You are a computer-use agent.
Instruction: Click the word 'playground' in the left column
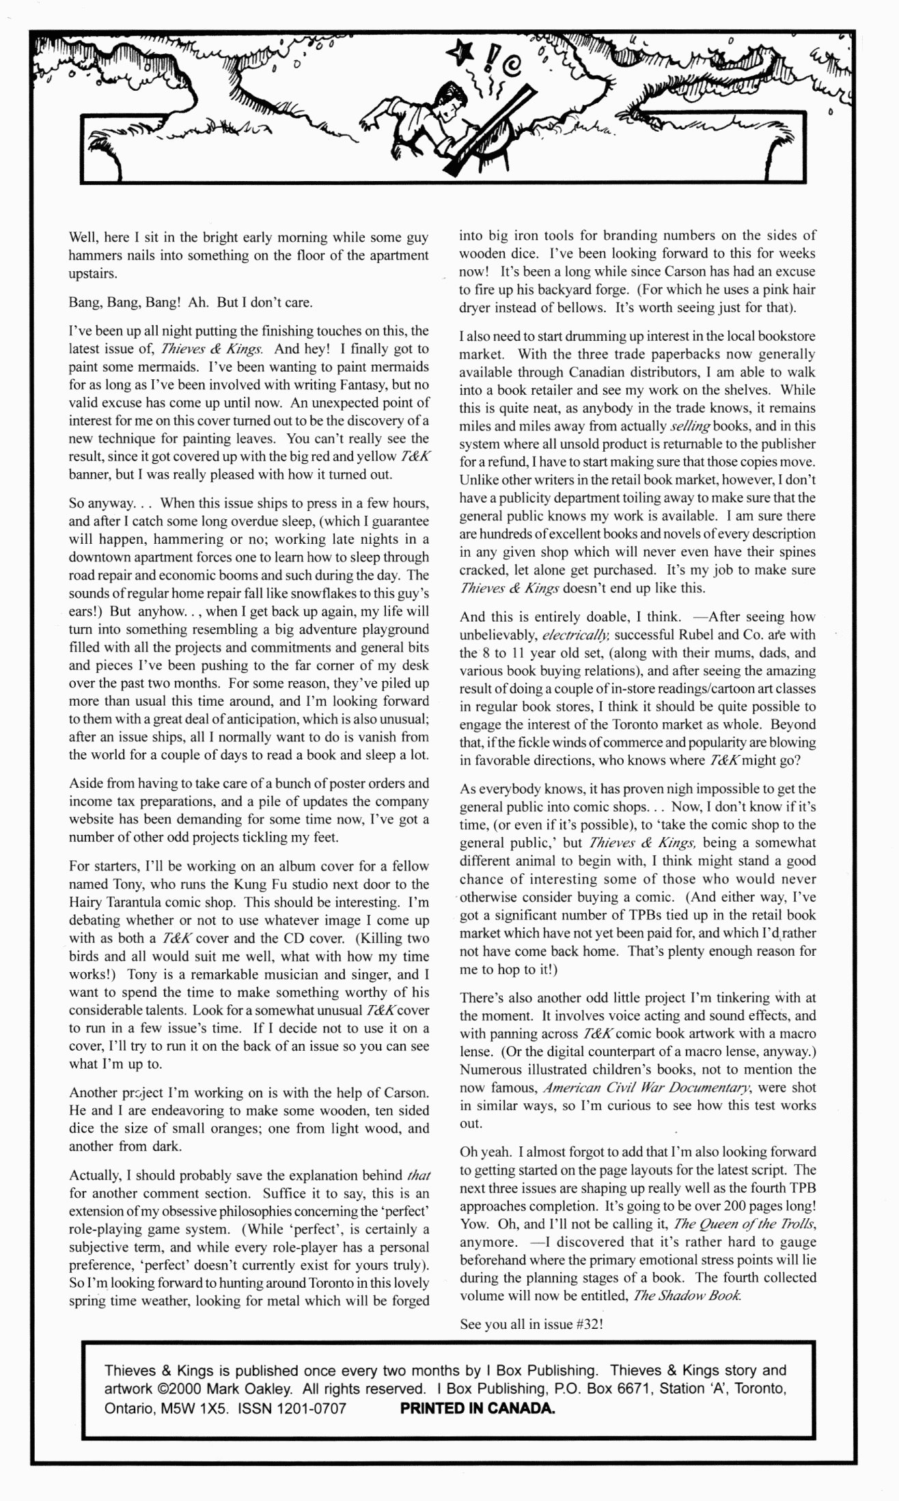pos(395,629)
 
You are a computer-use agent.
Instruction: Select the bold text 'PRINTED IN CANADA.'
pos(477,1409)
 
